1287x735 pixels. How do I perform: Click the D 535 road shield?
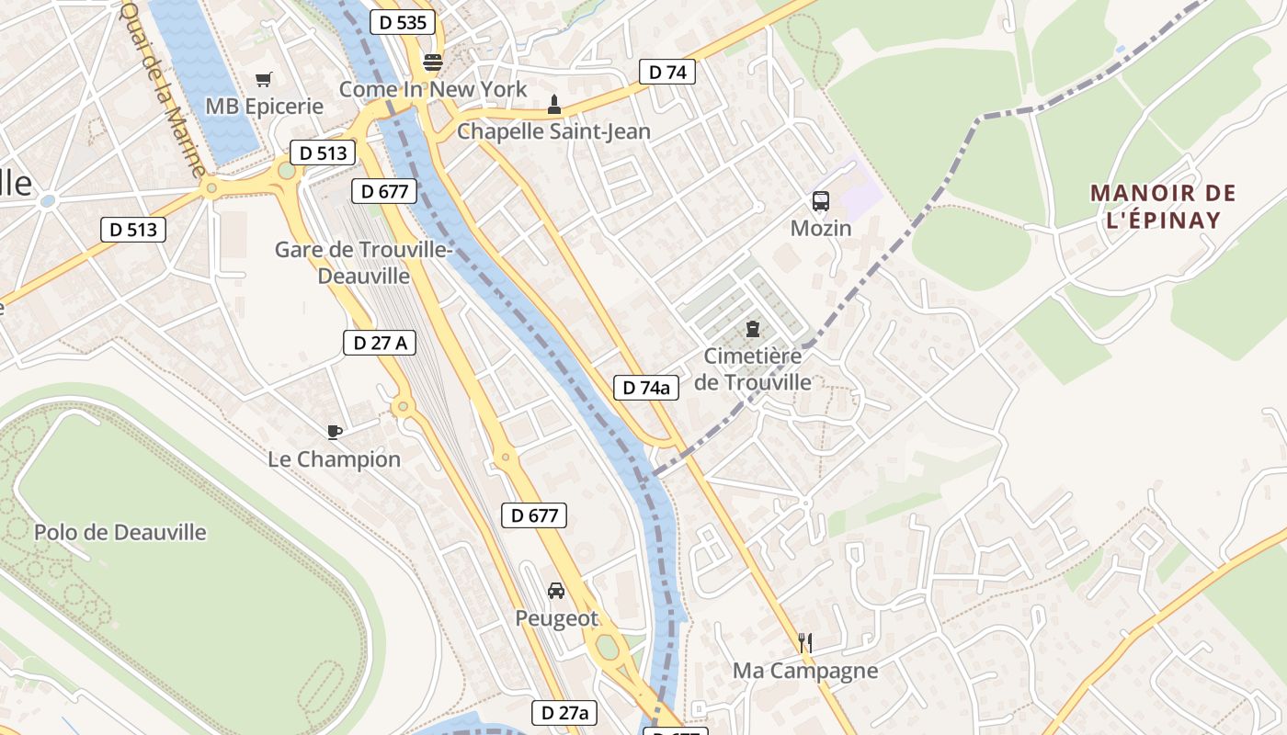pos(403,23)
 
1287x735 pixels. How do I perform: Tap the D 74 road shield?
pos(667,73)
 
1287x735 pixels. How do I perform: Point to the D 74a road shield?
pos(646,388)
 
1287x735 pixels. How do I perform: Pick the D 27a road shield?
pos(564,713)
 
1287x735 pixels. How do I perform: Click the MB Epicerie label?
pos(265,106)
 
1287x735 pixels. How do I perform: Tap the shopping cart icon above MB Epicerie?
pos(264,79)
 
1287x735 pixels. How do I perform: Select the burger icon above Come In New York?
pos(433,62)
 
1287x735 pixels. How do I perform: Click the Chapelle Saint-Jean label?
pos(553,131)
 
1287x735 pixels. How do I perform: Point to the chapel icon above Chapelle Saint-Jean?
pos(553,104)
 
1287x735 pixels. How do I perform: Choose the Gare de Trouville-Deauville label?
pos(364,262)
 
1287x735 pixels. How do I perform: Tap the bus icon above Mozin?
pos(821,201)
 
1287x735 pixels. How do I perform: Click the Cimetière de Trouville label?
pos(753,368)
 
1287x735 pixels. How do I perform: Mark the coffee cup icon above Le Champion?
pos(335,432)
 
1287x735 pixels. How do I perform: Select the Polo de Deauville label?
pos(120,532)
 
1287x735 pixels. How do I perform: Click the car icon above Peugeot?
pos(556,591)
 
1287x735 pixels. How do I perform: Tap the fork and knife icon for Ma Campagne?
pos(805,643)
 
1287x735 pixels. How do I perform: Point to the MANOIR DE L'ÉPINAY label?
pos(1163,207)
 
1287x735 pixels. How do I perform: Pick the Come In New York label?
pos(433,89)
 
